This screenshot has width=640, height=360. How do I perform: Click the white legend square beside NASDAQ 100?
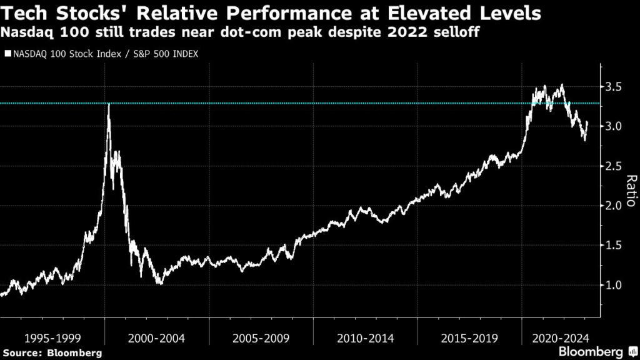coord(7,54)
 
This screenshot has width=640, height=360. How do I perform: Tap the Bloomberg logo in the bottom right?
coord(591,351)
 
